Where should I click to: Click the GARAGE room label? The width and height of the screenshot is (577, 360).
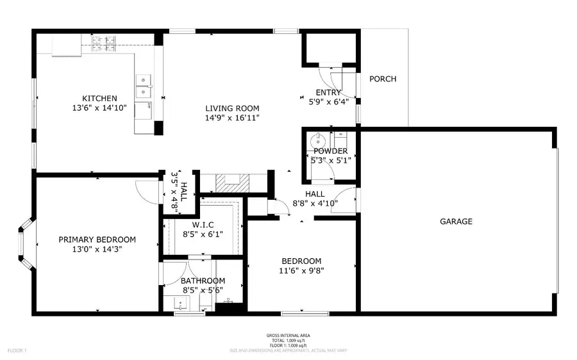pyautogui.click(x=456, y=222)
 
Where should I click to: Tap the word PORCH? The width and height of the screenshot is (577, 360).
pyautogui.click(x=383, y=79)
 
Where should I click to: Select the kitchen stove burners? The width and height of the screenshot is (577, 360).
pyautogui.click(x=104, y=44)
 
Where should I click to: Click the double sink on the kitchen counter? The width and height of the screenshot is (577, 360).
pyautogui.click(x=144, y=81)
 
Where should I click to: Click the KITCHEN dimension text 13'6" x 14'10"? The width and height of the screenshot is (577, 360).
pyautogui.click(x=99, y=108)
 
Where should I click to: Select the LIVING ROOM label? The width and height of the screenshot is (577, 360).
pyautogui.click(x=232, y=108)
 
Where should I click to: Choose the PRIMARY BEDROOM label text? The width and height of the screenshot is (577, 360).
pyautogui.click(x=97, y=240)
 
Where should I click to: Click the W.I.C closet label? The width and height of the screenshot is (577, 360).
pyautogui.click(x=203, y=225)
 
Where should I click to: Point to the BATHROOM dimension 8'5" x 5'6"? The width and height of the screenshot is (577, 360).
pyautogui.click(x=203, y=290)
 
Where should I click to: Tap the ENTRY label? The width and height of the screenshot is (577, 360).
pyautogui.click(x=328, y=93)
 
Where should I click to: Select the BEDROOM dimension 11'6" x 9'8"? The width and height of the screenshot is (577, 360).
pyautogui.click(x=301, y=270)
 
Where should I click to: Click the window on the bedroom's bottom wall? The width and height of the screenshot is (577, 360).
pyautogui.click(x=301, y=313)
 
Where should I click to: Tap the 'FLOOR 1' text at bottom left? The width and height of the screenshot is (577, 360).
pyautogui.click(x=17, y=350)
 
